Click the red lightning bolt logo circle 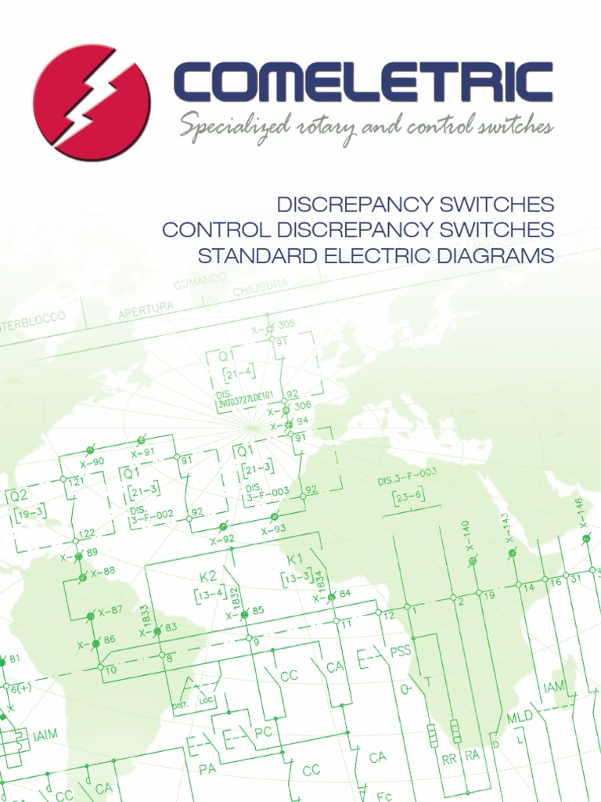92,102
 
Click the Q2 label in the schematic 18,496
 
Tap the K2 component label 208,576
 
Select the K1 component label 295,559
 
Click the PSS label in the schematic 400,651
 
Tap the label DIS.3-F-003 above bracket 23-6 407,477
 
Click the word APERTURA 146,310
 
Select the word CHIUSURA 260,287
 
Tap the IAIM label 45,736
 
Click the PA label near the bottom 207,770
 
